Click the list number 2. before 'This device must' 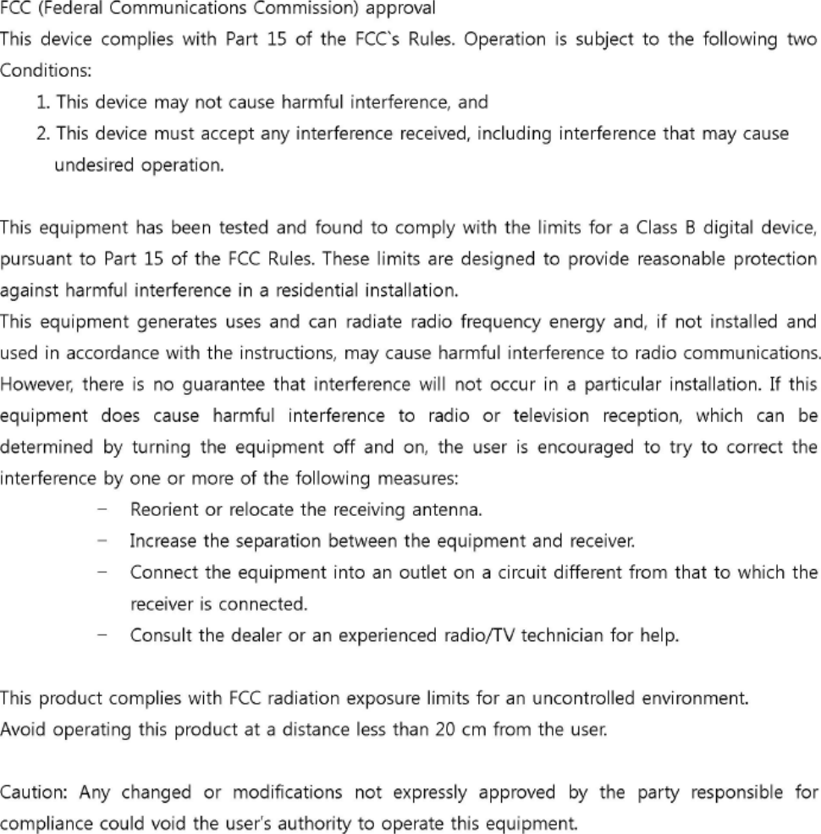point(42,134)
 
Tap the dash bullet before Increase point(102,540)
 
